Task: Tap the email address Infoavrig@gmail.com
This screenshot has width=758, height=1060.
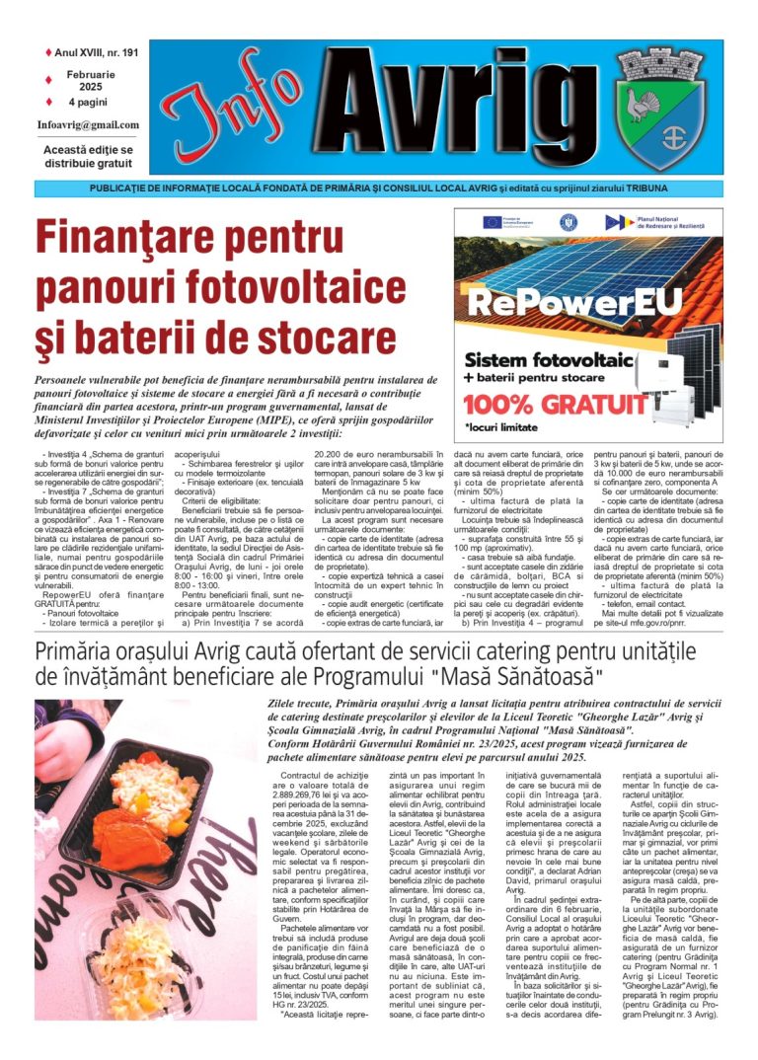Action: point(88,125)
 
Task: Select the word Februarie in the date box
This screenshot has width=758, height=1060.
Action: point(91,74)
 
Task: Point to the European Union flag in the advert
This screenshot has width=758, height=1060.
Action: point(491,222)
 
